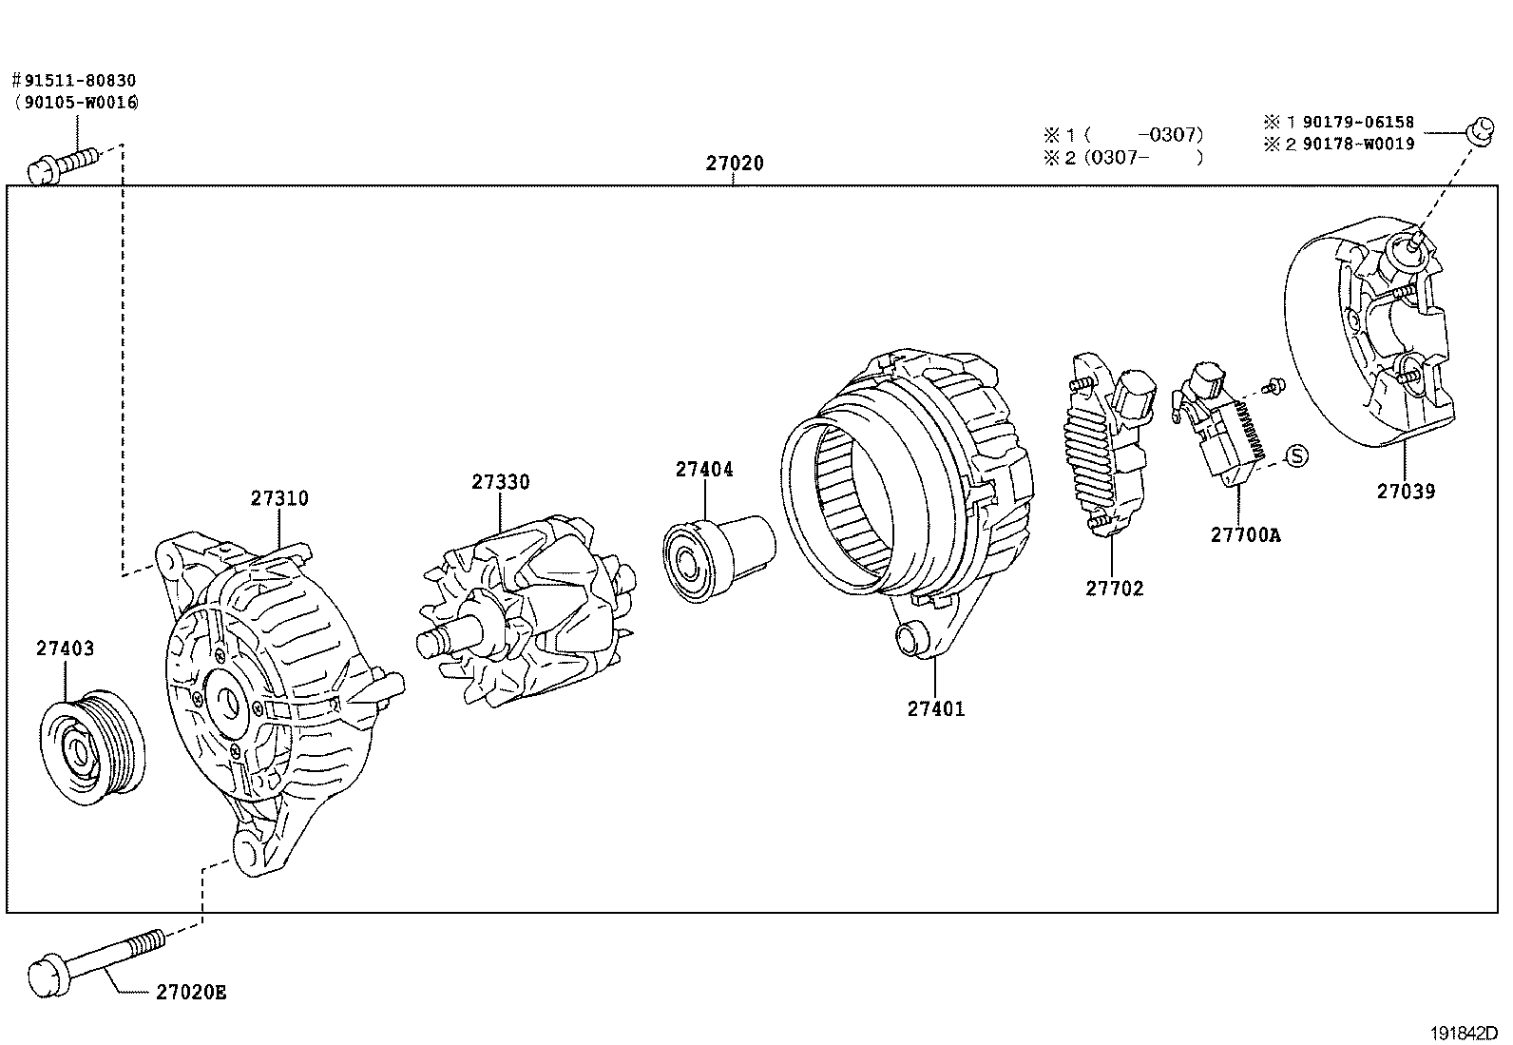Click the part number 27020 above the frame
(x=734, y=164)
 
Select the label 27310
(x=279, y=498)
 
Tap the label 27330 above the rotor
(x=500, y=482)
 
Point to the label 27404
(x=704, y=469)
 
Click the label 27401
(x=935, y=708)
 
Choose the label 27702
(x=1115, y=589)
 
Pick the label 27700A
(x=1245, y=535)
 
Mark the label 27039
(x=1406, y=492)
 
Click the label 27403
(x=66, y=648)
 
